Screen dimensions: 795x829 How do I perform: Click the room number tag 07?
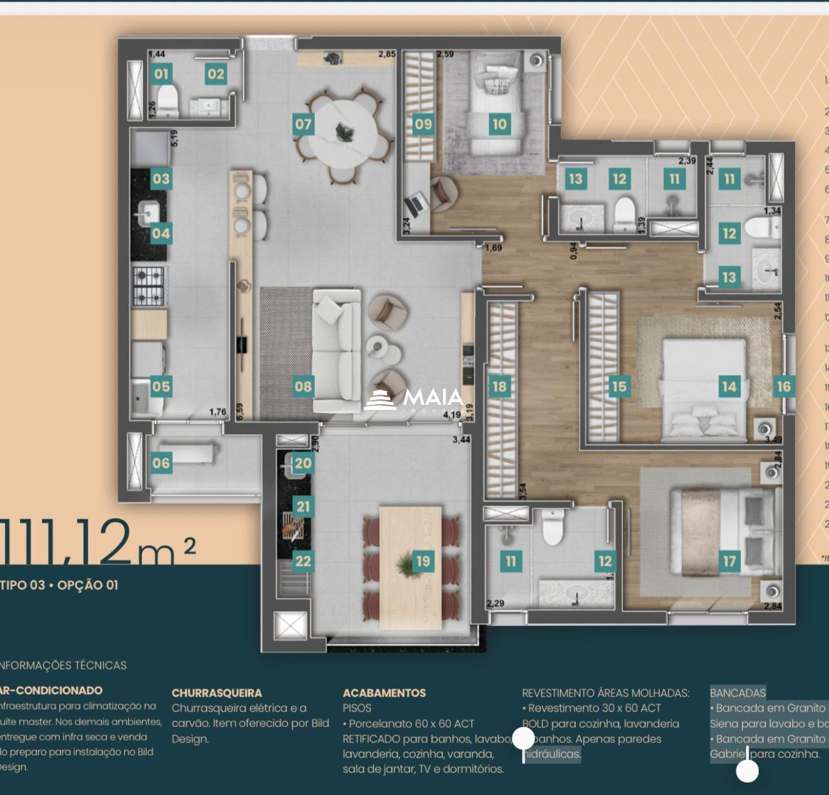[303, 124]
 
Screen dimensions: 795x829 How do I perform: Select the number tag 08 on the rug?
[303, 386]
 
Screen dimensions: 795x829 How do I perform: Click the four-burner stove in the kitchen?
[149, 286]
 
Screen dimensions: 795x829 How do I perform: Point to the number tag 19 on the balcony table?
[423, 561]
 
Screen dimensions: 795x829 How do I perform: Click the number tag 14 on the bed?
[729, 386]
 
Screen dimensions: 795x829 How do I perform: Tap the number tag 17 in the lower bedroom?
[729, 561]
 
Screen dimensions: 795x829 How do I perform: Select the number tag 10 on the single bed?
[499, 124]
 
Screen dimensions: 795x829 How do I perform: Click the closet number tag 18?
[499, 386]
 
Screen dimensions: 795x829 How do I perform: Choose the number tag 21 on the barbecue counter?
[303, 506]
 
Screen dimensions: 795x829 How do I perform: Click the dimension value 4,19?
[452, 415]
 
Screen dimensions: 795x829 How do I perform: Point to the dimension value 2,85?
[387, 54]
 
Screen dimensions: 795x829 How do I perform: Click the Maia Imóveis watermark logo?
[414, 399]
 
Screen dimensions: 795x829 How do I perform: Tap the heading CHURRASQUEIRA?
[217, 693]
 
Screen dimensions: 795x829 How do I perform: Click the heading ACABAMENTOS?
[384, 693]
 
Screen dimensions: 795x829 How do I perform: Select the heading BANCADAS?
[738, 693]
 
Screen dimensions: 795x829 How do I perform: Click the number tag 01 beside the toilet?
[161, 74]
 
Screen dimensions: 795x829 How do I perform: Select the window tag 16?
[784, 386]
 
